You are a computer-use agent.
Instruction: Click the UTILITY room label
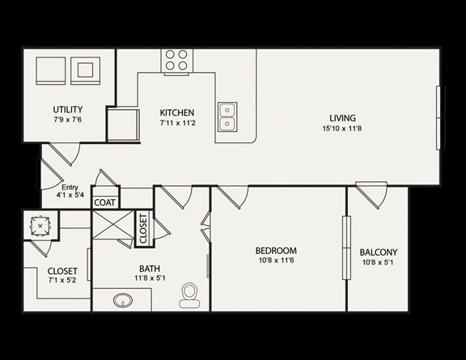tap(68, 109)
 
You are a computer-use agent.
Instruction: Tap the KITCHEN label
tap(177, 112)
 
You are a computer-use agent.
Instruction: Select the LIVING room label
tap(343, 118)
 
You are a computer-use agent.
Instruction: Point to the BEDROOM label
tap(276, 251)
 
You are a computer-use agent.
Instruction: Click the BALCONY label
tap(379, 252)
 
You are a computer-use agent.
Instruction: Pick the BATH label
tap(150, 269)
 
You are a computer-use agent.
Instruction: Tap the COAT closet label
tap(104, 203)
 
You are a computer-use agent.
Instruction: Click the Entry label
tap(70, 188)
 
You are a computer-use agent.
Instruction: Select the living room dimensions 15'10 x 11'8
tap(342, 129)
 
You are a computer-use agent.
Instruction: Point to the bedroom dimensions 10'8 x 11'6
tap(276, 260)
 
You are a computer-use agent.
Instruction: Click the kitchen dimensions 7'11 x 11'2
tap(178, 123)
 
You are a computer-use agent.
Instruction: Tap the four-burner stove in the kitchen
tap(176, 61)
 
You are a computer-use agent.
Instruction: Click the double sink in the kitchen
tap(227, 116)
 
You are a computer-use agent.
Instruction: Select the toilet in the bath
tap(189, 295)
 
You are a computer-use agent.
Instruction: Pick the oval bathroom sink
tap(123, 300)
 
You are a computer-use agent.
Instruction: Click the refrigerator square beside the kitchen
tap(123, 125)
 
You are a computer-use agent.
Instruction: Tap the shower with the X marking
tap(113, 224)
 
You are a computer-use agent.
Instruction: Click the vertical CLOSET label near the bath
tap(143, 229)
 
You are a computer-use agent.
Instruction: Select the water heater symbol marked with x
tap(40, 227)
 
